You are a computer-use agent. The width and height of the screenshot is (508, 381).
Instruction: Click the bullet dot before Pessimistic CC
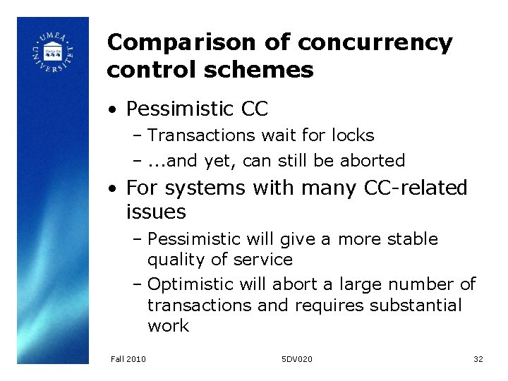pos(112,110)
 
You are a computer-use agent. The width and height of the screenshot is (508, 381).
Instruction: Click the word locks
pos(349,135)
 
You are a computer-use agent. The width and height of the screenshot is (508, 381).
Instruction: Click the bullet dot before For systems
pos(112,189)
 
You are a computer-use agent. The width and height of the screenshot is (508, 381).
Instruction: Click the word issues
pos(156,212)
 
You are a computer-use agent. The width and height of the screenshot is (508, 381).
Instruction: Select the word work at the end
pos(168,325)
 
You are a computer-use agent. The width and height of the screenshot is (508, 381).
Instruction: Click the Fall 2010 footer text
pos(128,359)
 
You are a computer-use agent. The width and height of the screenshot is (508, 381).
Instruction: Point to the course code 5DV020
pos(296,359)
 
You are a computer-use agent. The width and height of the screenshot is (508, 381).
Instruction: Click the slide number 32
pos(478,359)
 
